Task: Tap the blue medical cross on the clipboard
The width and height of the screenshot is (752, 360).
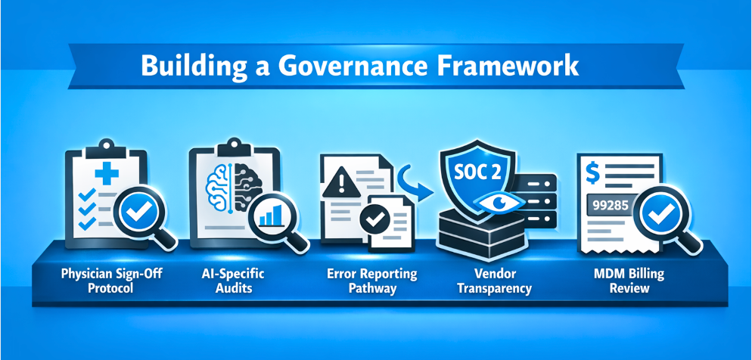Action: pos(107,173)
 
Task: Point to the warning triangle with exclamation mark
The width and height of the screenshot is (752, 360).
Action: pos(341,185)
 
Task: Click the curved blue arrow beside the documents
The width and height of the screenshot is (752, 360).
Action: pos(415,184)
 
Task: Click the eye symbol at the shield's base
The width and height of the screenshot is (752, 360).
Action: pos(499,202)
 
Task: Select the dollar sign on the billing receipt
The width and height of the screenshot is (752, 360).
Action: pos(593,173)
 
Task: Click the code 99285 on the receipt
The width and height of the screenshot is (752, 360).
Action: pos(611,205)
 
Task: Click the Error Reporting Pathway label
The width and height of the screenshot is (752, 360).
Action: pos(372,281)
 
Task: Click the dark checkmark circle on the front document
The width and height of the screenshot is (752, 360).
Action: pos(374,219)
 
